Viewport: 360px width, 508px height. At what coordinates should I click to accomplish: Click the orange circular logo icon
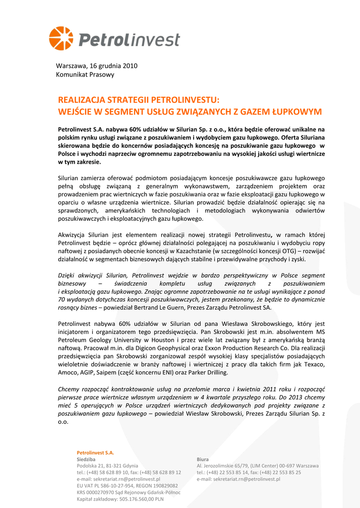61,39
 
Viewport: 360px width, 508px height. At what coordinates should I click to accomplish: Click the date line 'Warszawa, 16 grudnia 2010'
96,65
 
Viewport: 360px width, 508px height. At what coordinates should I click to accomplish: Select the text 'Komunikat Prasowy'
85,74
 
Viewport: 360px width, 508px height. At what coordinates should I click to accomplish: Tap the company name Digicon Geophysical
149,348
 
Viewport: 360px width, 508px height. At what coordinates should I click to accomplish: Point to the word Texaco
314,364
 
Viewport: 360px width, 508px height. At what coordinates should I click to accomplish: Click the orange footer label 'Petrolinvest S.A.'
95,452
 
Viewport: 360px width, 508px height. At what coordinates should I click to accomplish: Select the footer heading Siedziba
86,459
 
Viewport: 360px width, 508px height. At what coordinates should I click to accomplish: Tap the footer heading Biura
203,459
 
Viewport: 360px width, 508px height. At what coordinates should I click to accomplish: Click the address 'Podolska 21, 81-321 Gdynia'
107,466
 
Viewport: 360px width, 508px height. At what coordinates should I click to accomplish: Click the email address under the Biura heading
238,479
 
